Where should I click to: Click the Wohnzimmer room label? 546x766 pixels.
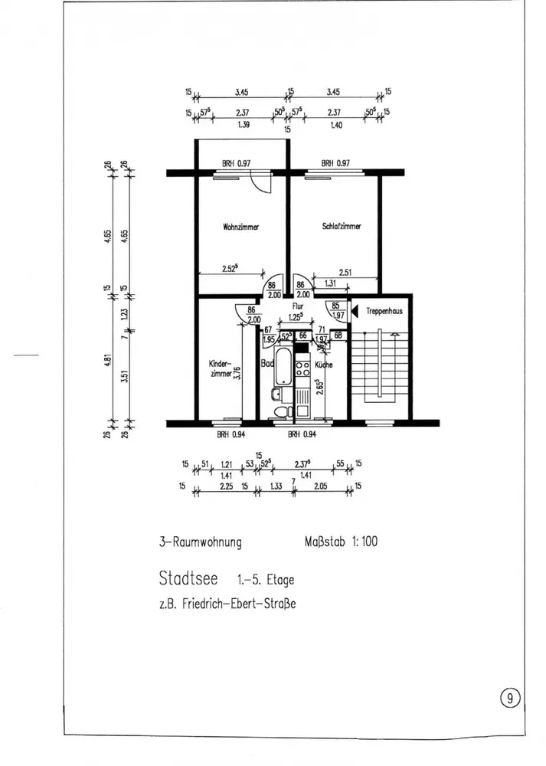[240, 227]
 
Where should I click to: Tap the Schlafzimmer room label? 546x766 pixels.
[336, 226]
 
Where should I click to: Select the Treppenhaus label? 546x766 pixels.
[384, 311]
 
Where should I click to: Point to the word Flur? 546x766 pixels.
[298, 305]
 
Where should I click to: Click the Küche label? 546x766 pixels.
[322, 365]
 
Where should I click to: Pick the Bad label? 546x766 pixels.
[267, 365]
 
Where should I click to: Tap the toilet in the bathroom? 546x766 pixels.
[284, 412]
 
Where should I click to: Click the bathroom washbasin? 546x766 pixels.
[276, 395]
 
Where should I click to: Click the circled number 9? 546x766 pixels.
[510, 698]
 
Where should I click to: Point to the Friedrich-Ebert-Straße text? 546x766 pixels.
[227, 603]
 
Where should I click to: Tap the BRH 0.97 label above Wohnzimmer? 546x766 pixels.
[237, 163]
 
